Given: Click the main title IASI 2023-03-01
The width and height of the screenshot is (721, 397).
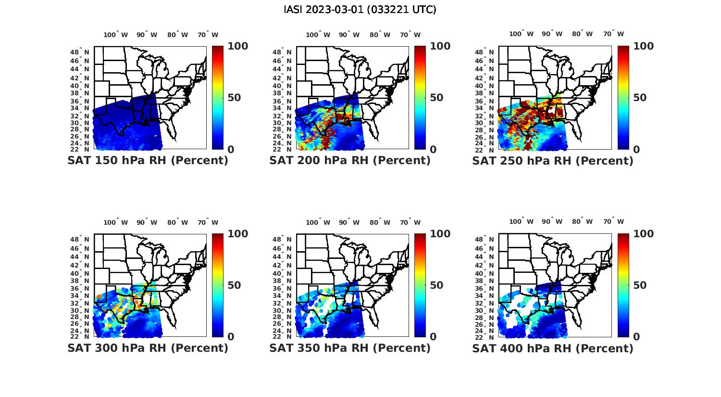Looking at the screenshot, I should coord(360,10).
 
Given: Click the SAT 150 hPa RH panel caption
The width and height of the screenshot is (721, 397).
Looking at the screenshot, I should coord(148,161).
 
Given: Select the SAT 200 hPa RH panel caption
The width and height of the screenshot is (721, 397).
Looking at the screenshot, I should coord(350,161).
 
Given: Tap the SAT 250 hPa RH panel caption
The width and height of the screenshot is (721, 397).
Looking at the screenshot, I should coord(553,161).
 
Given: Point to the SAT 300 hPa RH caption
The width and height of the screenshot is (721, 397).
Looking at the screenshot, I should coord(148,348).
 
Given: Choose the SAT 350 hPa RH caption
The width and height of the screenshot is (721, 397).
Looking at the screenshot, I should coord(350,348).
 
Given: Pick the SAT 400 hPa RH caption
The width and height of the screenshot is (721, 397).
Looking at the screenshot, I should coord(553,348).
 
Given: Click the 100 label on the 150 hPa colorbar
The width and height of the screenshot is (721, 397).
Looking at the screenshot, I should coord(237,46).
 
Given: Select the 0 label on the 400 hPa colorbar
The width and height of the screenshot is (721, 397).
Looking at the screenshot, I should coord(636,337).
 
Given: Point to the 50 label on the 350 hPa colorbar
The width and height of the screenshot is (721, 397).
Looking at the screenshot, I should coord(436,285).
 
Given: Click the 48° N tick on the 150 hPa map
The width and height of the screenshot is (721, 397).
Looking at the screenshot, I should coord(82,52).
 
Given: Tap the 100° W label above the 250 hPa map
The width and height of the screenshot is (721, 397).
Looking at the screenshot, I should coord(521,34).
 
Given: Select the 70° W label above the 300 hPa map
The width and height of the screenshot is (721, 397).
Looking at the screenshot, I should coord(208,222).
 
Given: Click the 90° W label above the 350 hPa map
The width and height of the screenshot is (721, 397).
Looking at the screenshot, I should coord(349,222).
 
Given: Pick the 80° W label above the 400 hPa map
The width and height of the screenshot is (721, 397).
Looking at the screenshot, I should coord(582,222).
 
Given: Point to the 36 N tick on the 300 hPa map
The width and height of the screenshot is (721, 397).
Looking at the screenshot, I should coord(82,288).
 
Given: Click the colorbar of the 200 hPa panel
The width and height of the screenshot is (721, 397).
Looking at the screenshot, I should coord(420,98).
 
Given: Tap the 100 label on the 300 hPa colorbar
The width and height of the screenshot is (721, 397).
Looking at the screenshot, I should coord(237,234).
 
